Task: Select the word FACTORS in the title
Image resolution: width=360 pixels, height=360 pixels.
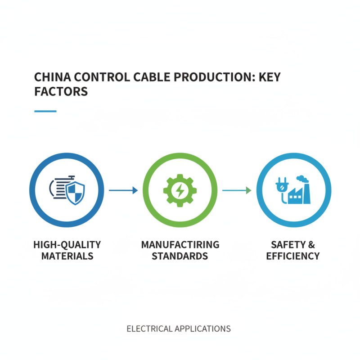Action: click(x=61, y=91)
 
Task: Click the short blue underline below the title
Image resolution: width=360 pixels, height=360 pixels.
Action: click(x=45, y=111)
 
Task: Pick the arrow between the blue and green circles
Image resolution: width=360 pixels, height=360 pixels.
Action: click(x=123, y=190)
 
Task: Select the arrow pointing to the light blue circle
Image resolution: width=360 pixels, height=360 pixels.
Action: click(x=237, y=190)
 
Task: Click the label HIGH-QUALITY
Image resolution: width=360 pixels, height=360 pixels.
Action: click(x=67, y=245)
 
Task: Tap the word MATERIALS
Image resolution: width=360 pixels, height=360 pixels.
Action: click(x=67, y=256)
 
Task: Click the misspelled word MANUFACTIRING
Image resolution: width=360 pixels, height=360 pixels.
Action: click(x=180, y=245)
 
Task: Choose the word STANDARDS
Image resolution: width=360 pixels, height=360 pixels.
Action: click(x=180, y=256)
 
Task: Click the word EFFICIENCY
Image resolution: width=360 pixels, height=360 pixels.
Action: click(x=293, y=256)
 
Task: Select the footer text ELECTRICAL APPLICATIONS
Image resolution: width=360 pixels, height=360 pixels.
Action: click(x=179, y=328)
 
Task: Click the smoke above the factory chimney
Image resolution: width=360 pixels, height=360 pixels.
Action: click(x=304, y=179)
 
